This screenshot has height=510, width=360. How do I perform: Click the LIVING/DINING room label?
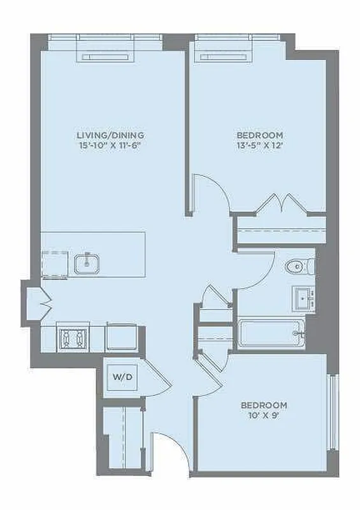110,135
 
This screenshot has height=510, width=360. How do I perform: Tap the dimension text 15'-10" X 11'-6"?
110,145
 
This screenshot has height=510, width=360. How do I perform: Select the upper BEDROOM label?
260,136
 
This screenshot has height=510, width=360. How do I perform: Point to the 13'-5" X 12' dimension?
260,146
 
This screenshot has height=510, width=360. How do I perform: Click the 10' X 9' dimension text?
263,415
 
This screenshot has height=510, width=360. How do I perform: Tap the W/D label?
122,377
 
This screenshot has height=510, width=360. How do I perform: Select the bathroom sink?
305,297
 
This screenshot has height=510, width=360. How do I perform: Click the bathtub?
271,332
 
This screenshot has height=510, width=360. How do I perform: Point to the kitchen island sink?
87,262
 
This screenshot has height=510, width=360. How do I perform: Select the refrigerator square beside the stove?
121,336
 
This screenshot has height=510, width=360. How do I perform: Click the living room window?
106,50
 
